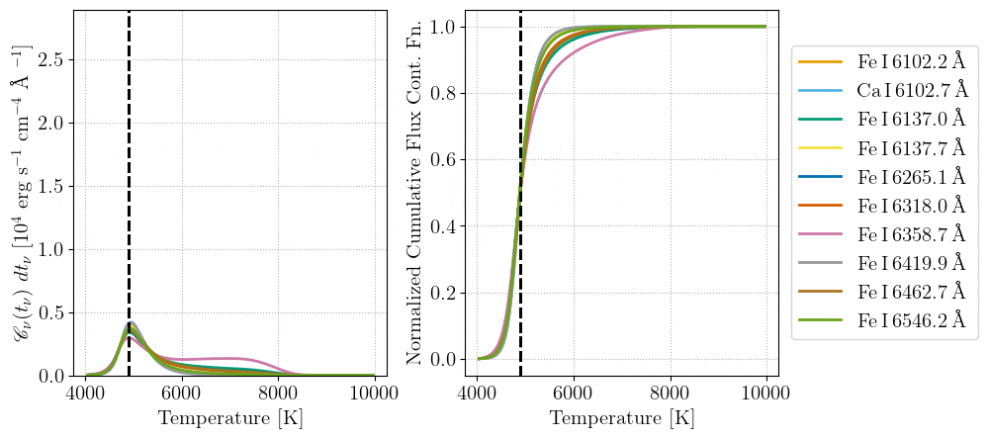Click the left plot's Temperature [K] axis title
coord(229,418)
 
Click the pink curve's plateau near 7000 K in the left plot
coord(229,358)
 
